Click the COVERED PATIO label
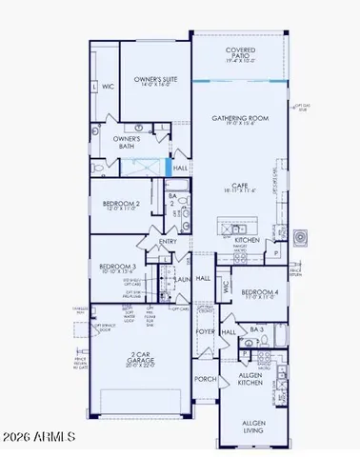pyautogui.click(x=238, y=54)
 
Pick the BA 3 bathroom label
pyautogui.click(x=256, y=328)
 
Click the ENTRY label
pyautogui.click(x=169, y=242)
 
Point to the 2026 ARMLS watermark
pyautogui.click(x=38, y=437)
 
